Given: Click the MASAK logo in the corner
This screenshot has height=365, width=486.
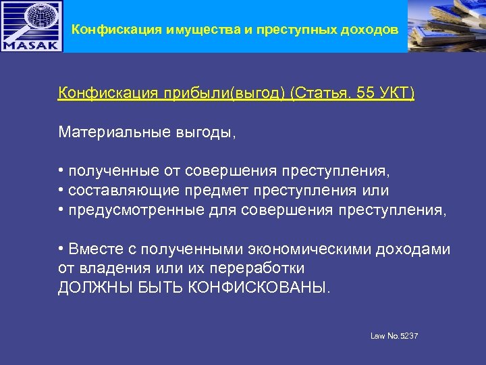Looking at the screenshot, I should [31, 26].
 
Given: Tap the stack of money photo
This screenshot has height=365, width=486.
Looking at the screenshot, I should [447, 26].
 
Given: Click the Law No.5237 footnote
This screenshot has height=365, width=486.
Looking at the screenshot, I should [394, 336].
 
